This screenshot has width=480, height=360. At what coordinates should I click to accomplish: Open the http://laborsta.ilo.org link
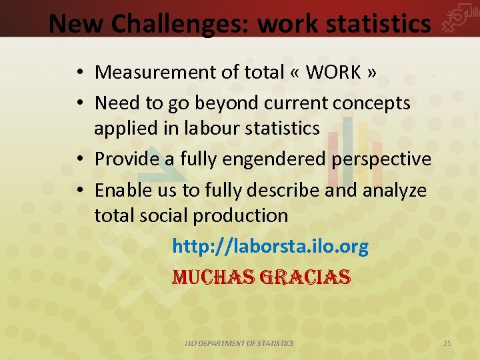(x=270, y=247)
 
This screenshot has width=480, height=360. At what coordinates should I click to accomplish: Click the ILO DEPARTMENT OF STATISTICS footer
(x=239, y=343)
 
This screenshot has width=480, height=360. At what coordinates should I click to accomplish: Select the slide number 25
(x=447, y=343)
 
